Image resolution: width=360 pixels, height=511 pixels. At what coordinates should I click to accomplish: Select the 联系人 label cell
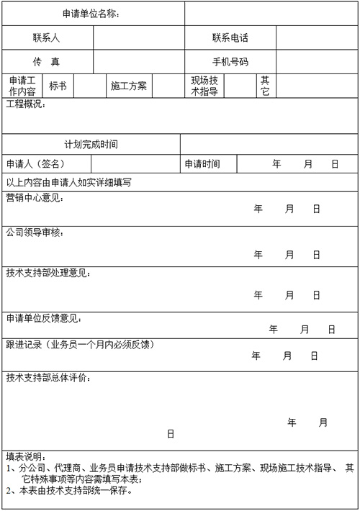46,37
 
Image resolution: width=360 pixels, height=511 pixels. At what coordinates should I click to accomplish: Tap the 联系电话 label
230,37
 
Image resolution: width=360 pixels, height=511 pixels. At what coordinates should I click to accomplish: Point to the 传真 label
46,62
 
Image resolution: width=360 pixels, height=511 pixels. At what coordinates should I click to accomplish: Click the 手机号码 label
230,62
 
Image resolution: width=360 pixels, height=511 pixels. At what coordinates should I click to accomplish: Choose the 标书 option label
58,86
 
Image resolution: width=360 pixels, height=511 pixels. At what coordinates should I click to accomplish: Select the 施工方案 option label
129,86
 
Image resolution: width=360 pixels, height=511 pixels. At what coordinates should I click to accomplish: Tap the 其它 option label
265,86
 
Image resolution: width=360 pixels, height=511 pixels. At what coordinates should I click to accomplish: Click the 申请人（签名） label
36,164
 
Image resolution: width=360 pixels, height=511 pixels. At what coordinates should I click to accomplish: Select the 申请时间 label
202,164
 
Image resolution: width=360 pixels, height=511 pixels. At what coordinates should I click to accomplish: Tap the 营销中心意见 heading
35,197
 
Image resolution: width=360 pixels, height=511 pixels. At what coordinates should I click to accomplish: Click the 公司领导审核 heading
35,232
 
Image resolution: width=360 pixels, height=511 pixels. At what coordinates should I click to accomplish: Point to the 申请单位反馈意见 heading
44,317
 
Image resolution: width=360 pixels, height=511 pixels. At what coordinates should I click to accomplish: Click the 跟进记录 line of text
80,344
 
